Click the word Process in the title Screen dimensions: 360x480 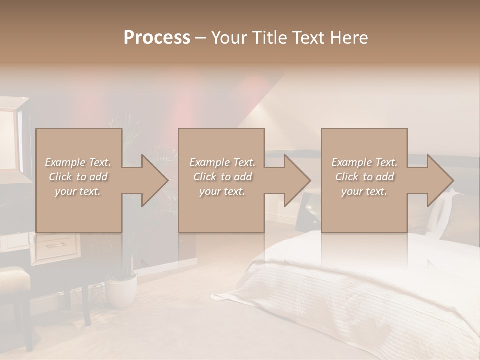click(x=157, y=37)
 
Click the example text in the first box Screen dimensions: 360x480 click(x=78, y=177)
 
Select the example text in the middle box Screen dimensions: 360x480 click(x=222, y=177)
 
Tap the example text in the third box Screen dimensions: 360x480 click(x=364, y=177)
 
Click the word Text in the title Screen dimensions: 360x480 click(x=308, y=37)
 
